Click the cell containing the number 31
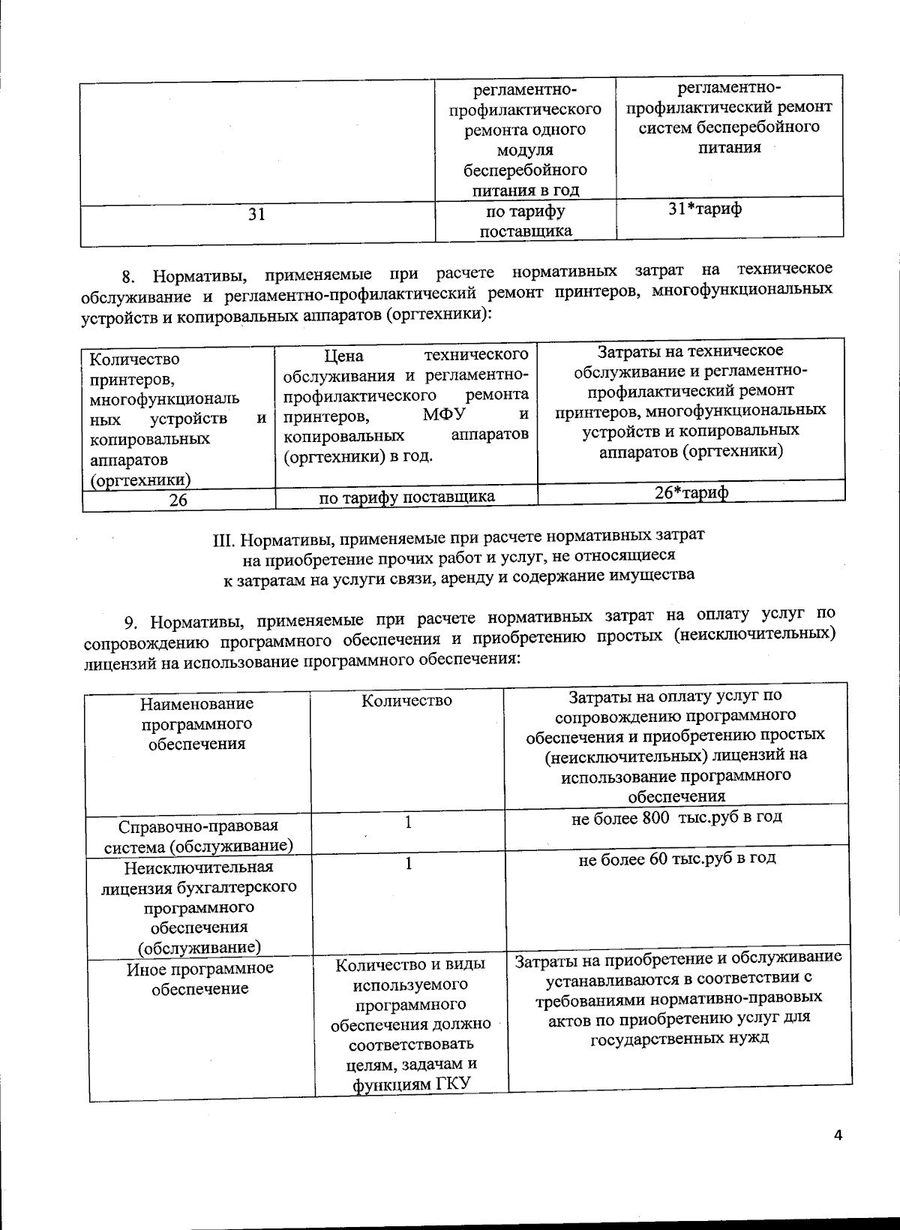[256, 215]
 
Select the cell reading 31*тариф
[705, 209]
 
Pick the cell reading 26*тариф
[691, 493]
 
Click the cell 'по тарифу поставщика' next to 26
[406, 497]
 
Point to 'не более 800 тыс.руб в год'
[676, 817]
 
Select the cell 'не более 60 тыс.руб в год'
[676, 859]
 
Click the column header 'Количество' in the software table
[406, 701]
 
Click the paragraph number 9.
[130, 622]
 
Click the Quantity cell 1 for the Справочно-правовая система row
[408, 823]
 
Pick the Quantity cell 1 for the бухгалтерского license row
[408, 864]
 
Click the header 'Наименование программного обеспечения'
[197, 724]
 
